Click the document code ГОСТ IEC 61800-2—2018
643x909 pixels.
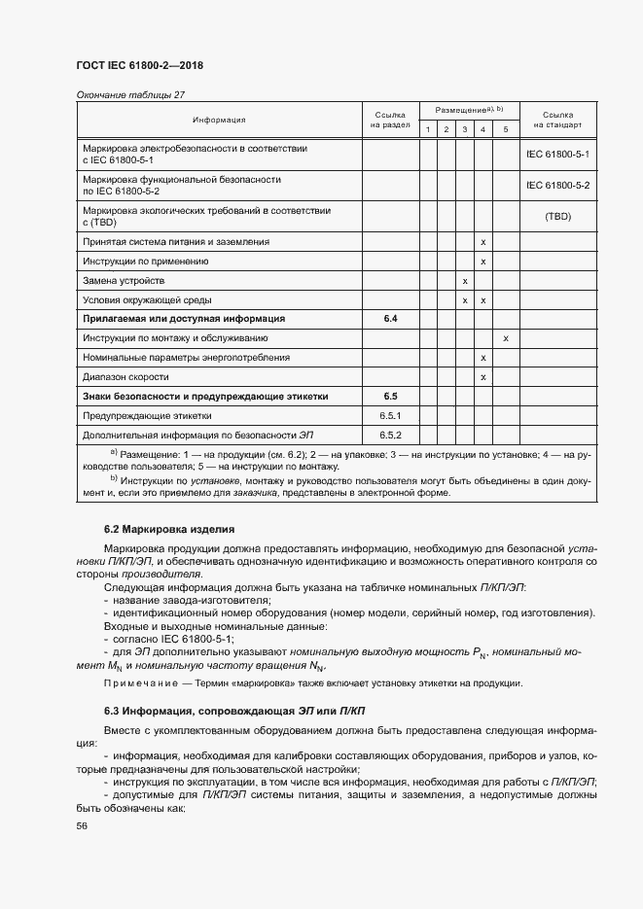click(x=138, y=66)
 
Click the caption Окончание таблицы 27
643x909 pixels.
click(x=129, y=94)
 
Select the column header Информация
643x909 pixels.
click(x=219, y=121)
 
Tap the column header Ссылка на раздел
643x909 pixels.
click(x=390, y=120)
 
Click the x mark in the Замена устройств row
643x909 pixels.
click(x=465, y=281)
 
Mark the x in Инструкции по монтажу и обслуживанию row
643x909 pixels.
click(x=506, y=338)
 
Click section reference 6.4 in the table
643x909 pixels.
click(x=390, y=319)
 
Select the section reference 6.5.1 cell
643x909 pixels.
click(x=390, y=415)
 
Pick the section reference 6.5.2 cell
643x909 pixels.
click(x=390, y=435)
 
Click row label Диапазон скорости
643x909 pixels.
click(x=126, y=377)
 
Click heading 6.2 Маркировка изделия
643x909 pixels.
click(x=168, y=531)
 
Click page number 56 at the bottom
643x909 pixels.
click(x=82, y=825)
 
